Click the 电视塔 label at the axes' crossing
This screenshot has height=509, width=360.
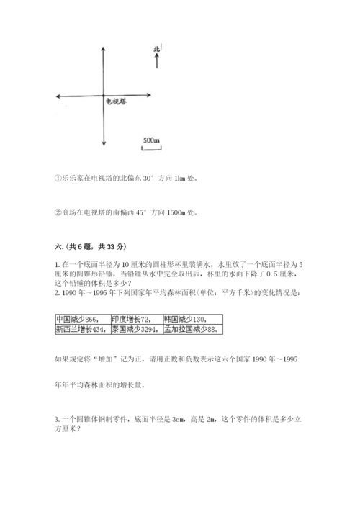(x=117, y=102)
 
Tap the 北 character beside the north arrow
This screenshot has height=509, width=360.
(x=156, y=50)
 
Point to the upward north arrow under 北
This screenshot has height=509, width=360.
(x=156, y=63)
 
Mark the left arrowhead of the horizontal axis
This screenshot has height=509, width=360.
(x=58, y=96)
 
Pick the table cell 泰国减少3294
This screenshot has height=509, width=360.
(x=135, y=329)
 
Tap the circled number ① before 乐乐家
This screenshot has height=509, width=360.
(x=58, y=179)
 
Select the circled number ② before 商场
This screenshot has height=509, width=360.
(x=58, y=212)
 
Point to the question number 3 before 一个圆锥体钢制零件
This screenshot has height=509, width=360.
(x=56, y=419)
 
